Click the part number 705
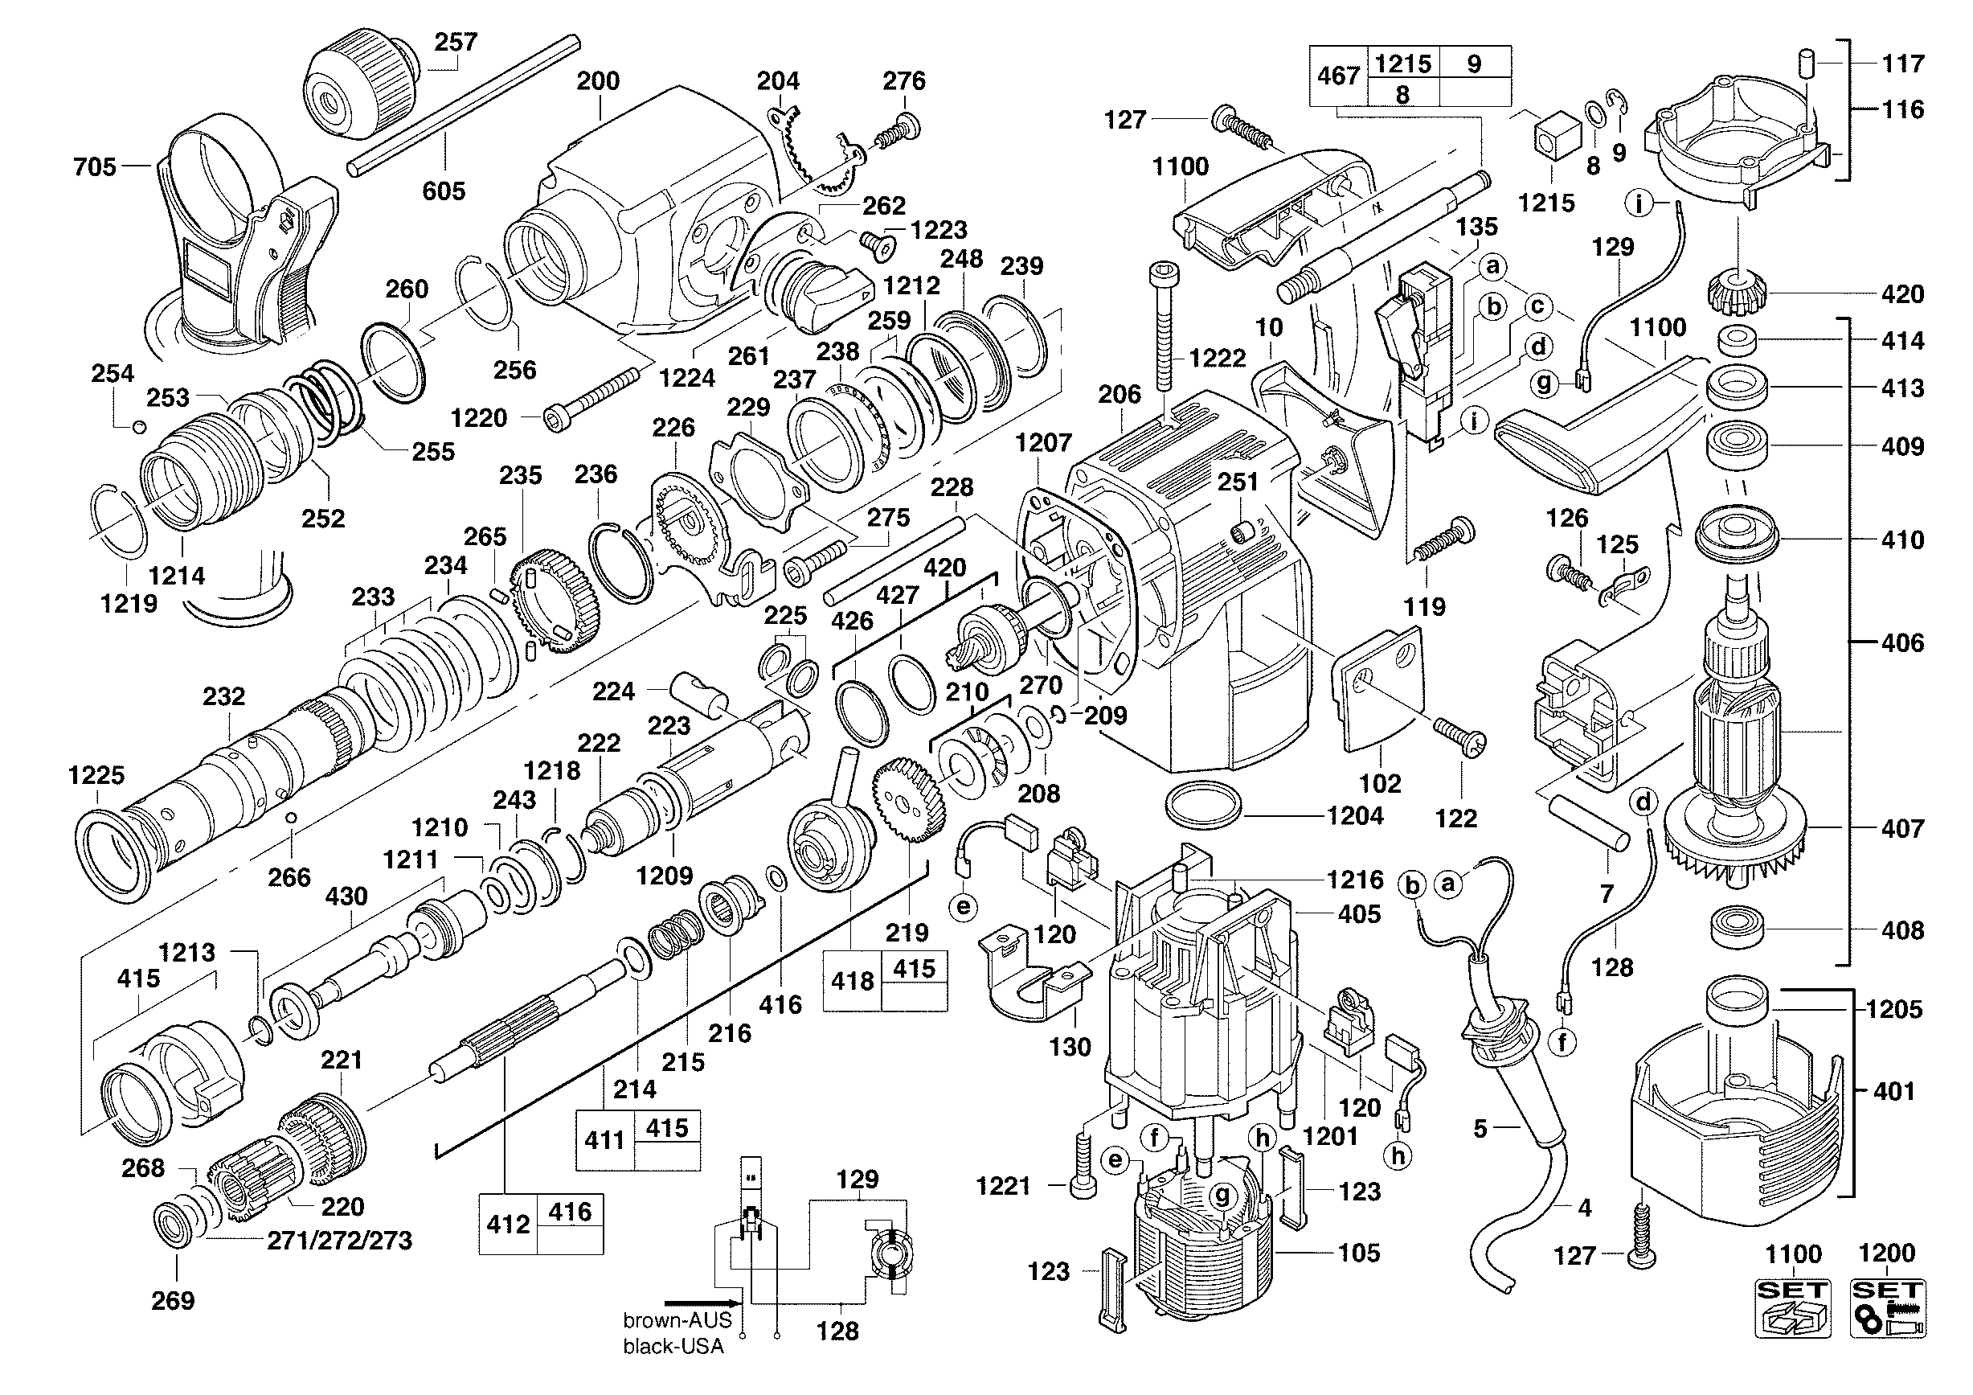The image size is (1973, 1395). (x=95, y=166)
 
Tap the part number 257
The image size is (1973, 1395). (x=456, y=42)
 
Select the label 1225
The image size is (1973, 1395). (x=96, y=775)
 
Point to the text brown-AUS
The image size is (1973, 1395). (x=677, y=1320)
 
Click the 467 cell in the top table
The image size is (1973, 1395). (x=1338, y=76)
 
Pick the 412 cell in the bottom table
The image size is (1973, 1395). (x=508, y=1224)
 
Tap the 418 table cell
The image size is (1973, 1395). (x=852, y=981)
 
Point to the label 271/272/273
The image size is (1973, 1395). (x=339, y=1241)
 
